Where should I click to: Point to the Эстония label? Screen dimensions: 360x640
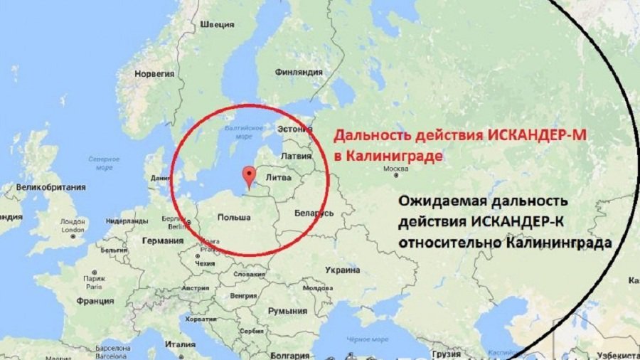[x=294, y=129]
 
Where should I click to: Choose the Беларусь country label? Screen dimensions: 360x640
[x=314, y=213]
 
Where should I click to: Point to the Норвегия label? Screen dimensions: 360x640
[x=154, y=73]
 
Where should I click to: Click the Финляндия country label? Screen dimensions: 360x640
[x=299, y=72]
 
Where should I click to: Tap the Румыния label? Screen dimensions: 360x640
[x=287, y=311]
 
